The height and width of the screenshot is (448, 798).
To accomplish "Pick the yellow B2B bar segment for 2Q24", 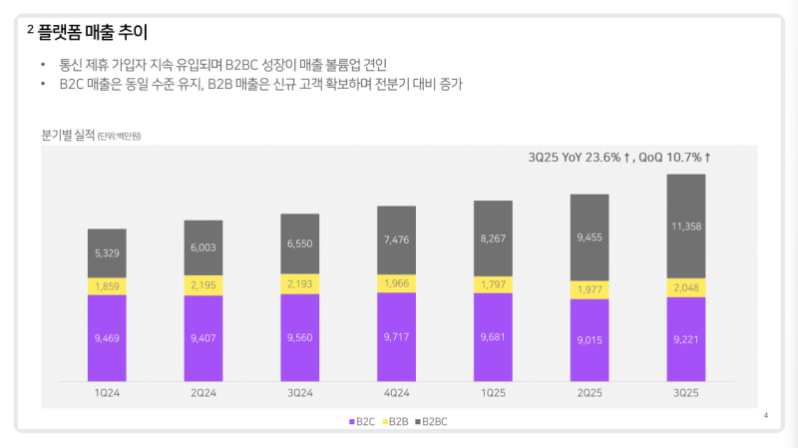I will tap(203, 285).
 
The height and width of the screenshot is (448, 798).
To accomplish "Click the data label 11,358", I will tap(686, 226).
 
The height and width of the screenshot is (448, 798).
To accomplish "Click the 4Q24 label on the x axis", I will tap(397, 393).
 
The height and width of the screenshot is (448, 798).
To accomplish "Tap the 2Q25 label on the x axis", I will tap(590, 393).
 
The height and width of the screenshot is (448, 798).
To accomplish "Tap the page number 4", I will tap(765, 414).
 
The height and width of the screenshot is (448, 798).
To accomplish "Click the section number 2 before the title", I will tap(31, 32).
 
